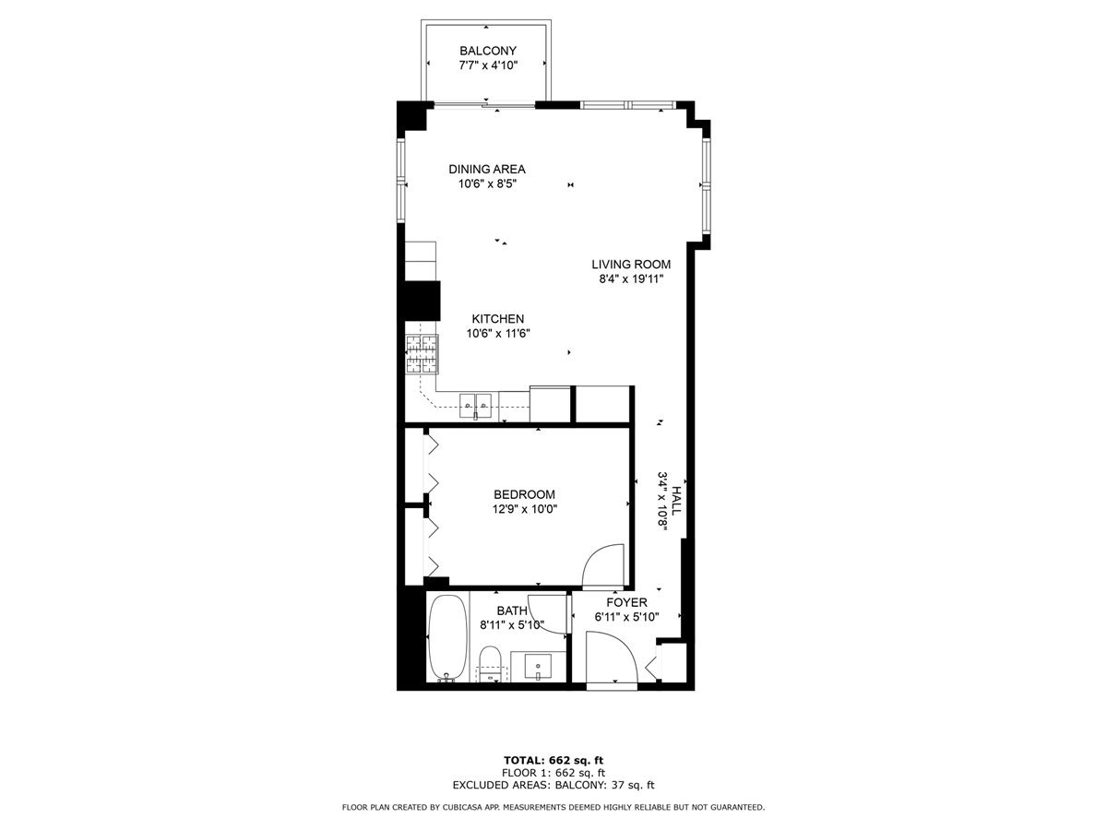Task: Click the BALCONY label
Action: [487, 51]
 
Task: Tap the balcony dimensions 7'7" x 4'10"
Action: [487, 65]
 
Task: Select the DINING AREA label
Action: [487, 169]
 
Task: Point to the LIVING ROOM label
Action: [631, 265]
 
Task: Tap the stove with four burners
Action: [422, 354]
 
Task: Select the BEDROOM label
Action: [524, 494]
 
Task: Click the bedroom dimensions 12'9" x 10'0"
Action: [524, 509]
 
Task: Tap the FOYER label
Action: [626, 602]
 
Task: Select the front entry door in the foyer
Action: [611, 658]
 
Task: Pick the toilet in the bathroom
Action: [490, 662]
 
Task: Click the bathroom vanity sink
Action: [538, 665]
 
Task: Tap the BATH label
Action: [511, 611]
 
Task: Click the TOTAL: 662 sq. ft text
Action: [553, 760]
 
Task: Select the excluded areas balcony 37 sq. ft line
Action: [553, 786]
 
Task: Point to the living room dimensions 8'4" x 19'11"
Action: [631, 279]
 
